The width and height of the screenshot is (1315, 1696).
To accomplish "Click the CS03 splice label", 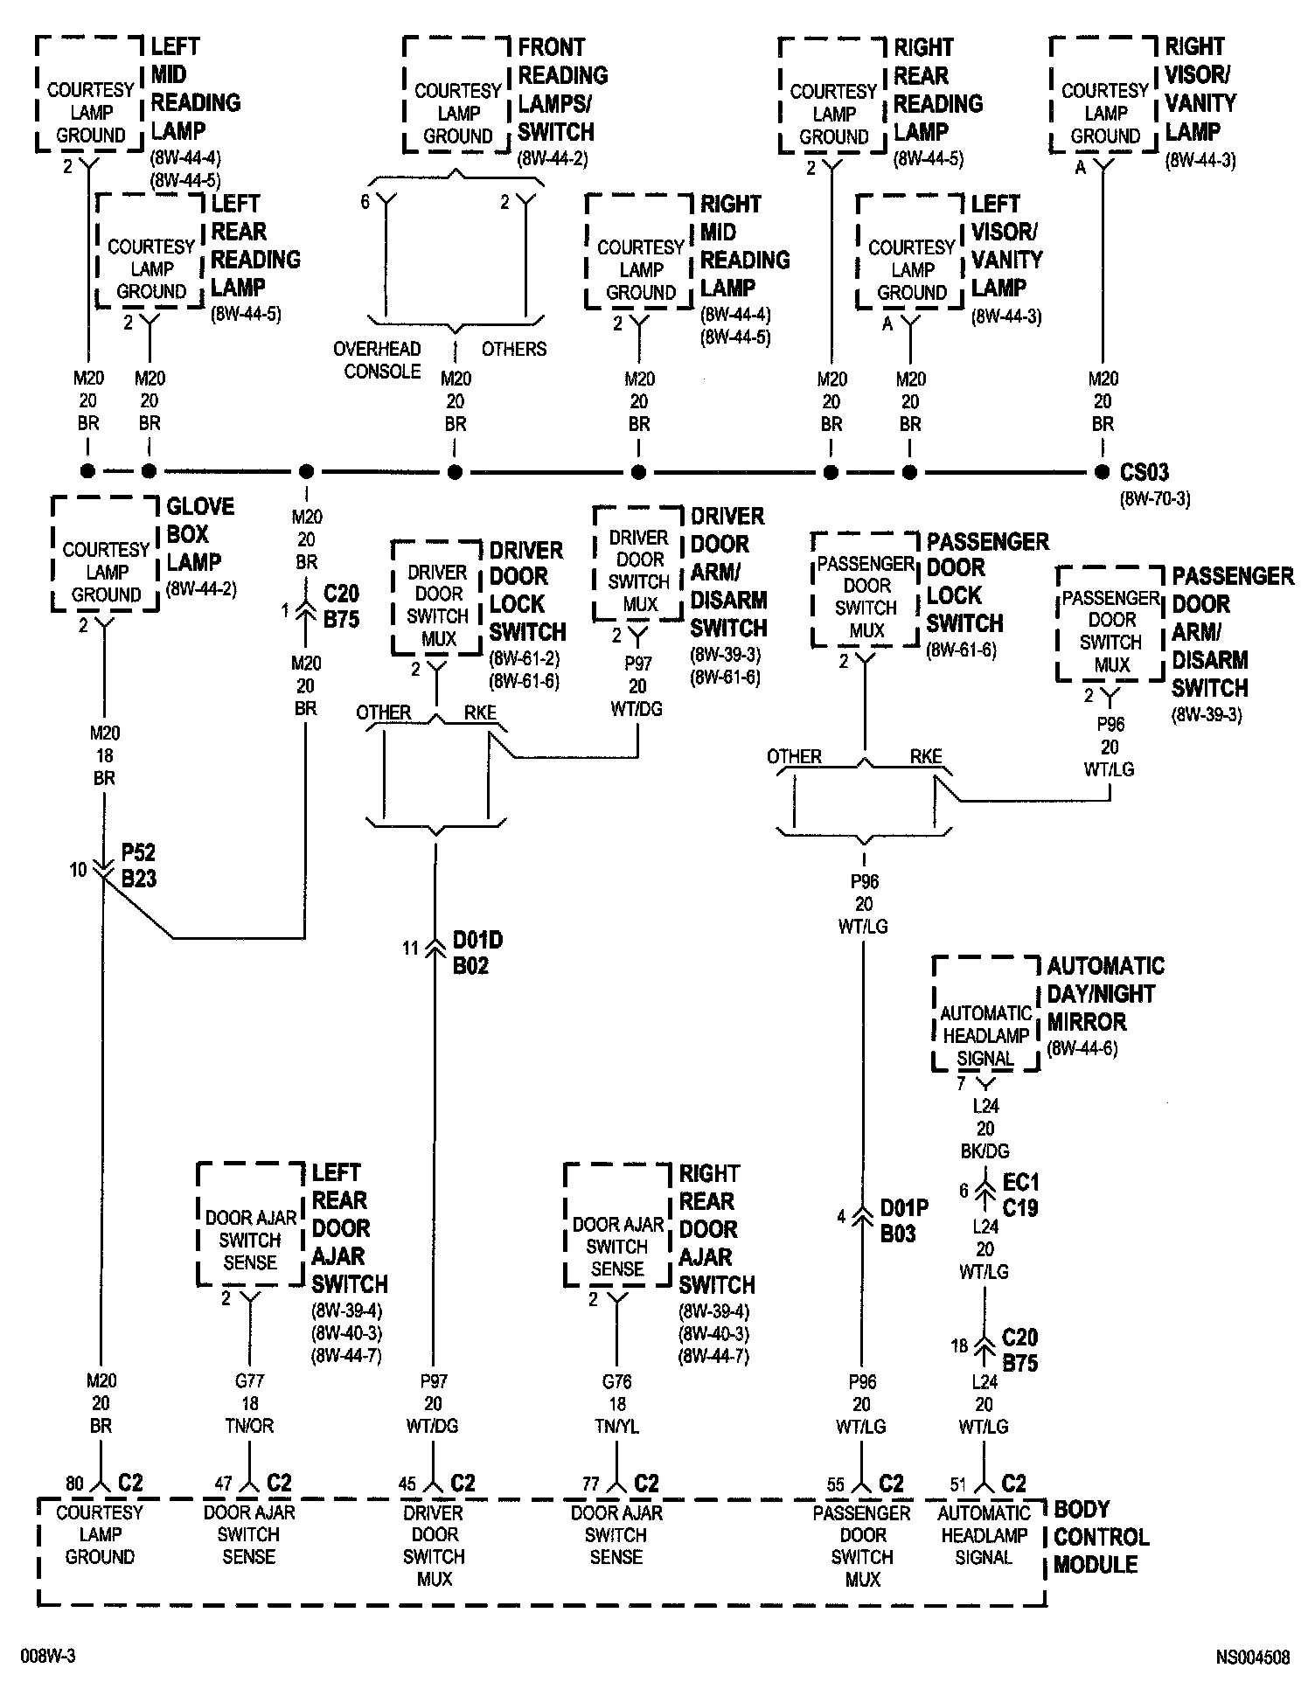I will coord(1144,473).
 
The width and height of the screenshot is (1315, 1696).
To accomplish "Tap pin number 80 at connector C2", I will coord(74,1484).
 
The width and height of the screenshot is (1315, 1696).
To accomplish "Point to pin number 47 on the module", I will coord(224,1484).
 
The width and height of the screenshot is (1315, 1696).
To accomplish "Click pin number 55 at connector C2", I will coord(836,1484).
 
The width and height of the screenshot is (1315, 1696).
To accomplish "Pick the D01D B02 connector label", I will coord(477,953).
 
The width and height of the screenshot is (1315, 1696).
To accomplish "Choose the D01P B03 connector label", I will coord(904,1220).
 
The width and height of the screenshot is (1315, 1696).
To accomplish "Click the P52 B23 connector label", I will coord(138,865).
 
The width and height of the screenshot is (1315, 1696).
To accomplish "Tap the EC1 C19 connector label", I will coord(1020,1195).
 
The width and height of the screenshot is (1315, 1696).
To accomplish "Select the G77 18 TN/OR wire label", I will coord(249,1403).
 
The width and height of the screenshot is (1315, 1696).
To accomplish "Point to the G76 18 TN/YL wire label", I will coord(616,1403).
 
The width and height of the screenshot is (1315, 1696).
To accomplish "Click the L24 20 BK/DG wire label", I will coord(985,1129).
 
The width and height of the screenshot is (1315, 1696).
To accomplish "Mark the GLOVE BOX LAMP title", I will coord(200,534).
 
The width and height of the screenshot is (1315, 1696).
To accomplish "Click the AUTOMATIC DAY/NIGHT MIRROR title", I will coord(1105,994).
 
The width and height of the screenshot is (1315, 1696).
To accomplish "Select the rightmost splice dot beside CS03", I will coord(1102,472).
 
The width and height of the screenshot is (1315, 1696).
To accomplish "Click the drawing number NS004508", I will coord(1252,1658).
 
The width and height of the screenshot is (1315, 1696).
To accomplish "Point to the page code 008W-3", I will coord(48,1657).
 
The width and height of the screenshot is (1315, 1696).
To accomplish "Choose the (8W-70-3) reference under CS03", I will coord(1155,499).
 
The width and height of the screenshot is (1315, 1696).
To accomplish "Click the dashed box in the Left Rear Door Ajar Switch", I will coord(250,1224).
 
